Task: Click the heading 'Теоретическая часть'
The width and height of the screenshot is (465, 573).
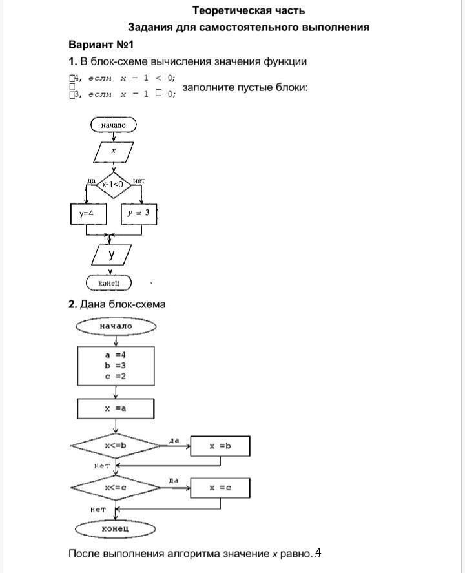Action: tap(249, 10)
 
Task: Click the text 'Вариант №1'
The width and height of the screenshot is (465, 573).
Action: tap(101, 45)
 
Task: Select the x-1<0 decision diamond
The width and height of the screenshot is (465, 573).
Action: tap(113, 185)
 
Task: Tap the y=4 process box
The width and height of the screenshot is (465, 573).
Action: tap(88, 213)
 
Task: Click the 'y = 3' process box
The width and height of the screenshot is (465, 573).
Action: tap(139, 213)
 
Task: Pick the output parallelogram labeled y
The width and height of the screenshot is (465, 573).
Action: tap(112, 255)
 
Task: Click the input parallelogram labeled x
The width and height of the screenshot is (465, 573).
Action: tap(114, 151)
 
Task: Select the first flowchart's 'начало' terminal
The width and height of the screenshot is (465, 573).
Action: tap(114, 124)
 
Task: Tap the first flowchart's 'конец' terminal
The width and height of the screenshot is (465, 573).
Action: tap(108, 283)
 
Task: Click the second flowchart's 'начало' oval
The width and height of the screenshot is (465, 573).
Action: tap(116, 326)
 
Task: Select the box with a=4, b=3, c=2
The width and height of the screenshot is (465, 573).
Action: tap(116, 365)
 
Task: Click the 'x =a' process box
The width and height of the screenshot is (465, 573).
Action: tap(116, 409)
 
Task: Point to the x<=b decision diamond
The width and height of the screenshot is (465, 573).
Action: tap(116, 446)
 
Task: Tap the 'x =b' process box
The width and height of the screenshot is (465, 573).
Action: tap(220, 446)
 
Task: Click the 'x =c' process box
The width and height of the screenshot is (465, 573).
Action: tap(220, 488)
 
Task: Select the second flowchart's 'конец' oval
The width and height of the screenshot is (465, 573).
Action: tap(116, 529)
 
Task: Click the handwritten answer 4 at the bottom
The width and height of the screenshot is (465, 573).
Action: tap(318, 553)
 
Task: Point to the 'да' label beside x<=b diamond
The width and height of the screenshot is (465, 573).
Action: tap(174, 440)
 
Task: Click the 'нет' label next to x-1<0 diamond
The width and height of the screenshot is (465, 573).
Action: tap(138, 181)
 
